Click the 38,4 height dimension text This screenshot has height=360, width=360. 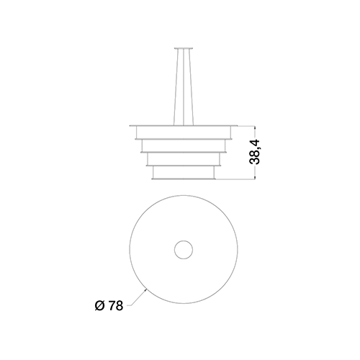pos(254,152)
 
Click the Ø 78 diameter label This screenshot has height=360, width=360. pos(109,306)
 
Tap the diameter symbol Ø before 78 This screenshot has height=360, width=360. pos(100,306)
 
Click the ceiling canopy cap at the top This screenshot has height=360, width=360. pos(184,49)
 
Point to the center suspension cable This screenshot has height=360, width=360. pos(184,87)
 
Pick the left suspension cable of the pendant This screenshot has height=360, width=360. pos(176,87)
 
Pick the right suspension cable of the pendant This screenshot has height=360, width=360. pos(191,87)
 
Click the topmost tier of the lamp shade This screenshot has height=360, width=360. pos(184,132)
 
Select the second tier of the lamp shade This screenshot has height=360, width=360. pos(184,145)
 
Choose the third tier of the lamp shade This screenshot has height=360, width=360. pos(184,159)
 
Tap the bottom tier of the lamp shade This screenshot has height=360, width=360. pos(184,172)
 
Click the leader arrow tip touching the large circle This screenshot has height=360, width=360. pos(146,289)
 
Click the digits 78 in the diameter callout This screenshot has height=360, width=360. pos(116,306)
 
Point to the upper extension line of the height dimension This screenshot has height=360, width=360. pos(246,126)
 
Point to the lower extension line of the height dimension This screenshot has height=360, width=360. pos(235,179)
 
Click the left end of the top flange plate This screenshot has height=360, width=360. pos(130,125)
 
